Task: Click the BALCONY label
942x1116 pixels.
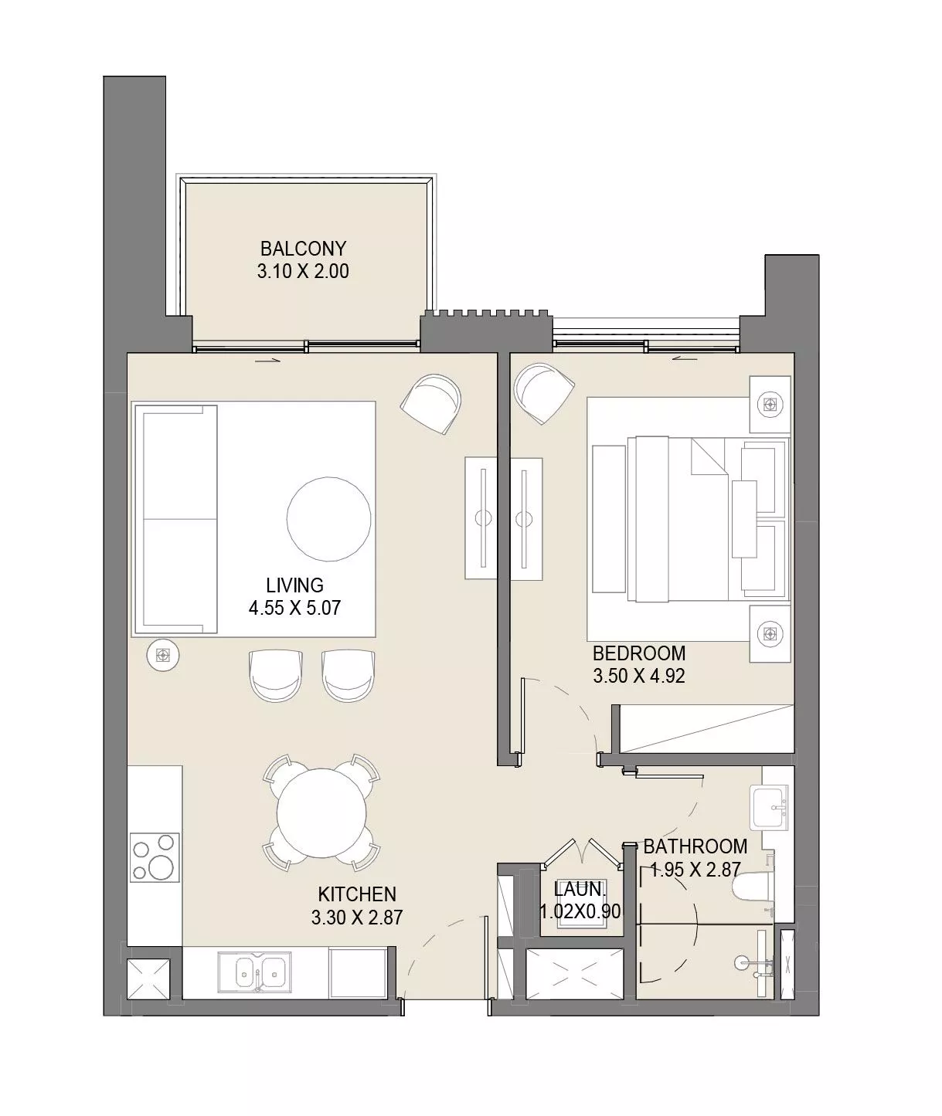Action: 303,249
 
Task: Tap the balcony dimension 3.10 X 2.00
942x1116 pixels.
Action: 303,272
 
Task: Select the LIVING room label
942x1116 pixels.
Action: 294,585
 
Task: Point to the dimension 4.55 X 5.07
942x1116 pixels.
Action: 294,609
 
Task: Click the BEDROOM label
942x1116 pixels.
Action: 639,653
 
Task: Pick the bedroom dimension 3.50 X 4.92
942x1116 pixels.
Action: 639,677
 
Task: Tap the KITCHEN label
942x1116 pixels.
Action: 357,894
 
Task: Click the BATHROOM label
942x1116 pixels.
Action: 695,846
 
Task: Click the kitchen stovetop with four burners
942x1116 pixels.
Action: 155,858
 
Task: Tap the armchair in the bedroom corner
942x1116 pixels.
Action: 545,394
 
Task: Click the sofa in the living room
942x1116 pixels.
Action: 176,519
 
